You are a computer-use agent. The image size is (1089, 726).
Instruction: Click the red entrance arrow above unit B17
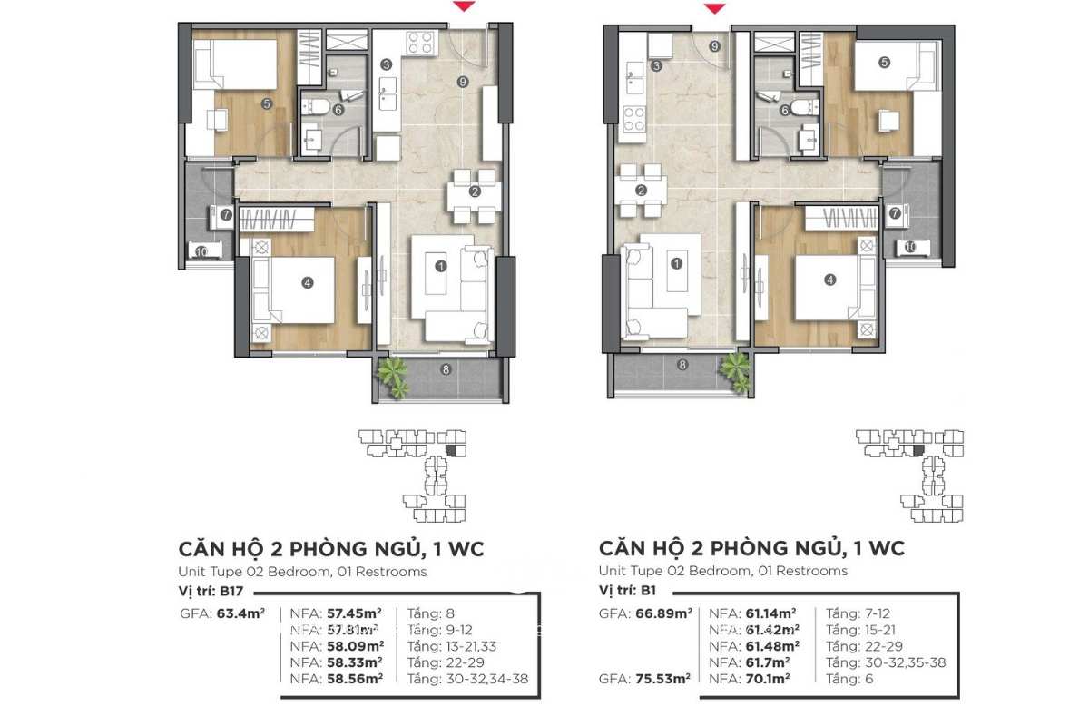point(464,8)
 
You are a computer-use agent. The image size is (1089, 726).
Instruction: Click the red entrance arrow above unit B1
point(715,8)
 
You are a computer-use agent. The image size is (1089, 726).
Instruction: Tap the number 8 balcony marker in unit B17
point(445,368)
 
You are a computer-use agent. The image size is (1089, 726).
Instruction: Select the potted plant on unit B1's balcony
point(735,369)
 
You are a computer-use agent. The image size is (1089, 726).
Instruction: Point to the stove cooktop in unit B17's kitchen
point(419,42)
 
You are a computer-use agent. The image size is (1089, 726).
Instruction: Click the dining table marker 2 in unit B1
point(641,191)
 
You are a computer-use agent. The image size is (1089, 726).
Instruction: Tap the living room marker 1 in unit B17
point(440,266)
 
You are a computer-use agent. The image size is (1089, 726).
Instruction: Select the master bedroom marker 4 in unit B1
point(829,280)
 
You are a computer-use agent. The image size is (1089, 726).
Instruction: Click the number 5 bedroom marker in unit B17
point(267,103)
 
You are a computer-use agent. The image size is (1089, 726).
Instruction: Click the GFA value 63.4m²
point(240,613)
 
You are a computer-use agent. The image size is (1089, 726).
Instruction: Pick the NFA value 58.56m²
point(354,678)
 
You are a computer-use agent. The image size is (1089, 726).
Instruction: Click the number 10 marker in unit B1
point(909,247)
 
